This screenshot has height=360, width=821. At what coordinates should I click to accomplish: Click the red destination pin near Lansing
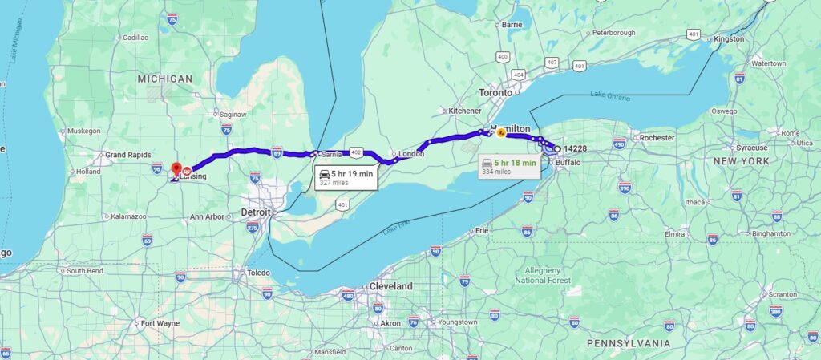[x=176, y=168]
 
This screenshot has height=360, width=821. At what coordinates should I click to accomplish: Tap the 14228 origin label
[x=576, y=148]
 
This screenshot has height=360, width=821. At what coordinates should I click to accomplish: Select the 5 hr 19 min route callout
[x=346, y=177]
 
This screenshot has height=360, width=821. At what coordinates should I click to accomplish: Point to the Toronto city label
[x=495, y=92]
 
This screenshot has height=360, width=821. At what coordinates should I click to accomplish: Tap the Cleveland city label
[x=391, y=286]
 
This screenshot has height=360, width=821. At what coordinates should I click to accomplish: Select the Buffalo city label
[x=568, y=162]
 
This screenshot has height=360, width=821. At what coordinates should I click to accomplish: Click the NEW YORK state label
[x=742, y=161]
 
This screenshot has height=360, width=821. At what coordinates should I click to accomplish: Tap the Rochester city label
[x=657, y=138]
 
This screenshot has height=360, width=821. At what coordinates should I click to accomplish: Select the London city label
[x=410, y=153]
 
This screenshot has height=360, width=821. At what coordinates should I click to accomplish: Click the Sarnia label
[x=331, y=153]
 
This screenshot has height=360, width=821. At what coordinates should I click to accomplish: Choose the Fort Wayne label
[x=159, y=324]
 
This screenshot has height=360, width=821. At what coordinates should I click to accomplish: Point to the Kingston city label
[x=730, y=38]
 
